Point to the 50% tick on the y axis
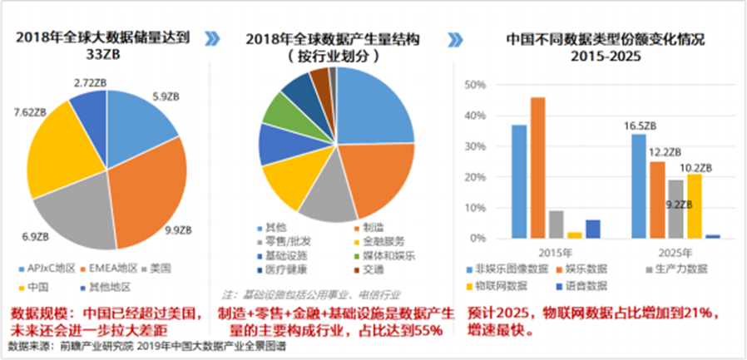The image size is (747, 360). tap(473, 85)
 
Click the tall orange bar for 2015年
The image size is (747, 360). tap(537, 167)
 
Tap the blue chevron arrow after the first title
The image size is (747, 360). tap(214, 38)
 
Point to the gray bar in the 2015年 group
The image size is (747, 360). tap(557, 224)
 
